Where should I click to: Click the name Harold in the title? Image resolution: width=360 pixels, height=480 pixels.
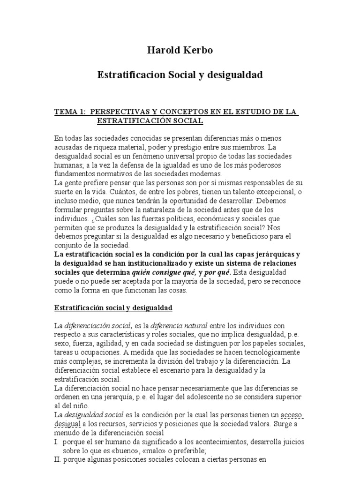pos(162,50)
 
